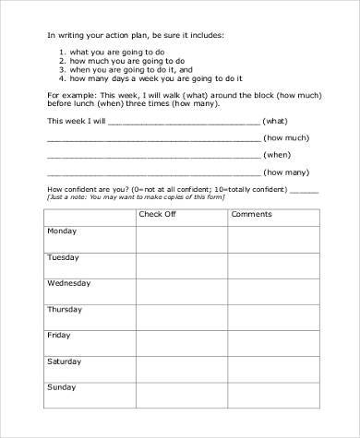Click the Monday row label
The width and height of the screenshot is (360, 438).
pos(63,231)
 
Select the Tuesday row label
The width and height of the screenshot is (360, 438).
pos(63,257)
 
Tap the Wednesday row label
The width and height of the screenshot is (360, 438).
pos(68,283)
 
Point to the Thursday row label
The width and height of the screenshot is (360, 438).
pos(65,310)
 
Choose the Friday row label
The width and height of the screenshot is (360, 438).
pos(59,336)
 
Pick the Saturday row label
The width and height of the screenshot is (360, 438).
pos(65,361)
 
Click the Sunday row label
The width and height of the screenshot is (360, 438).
pos(62,387)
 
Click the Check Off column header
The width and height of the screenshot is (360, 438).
pos(156,214)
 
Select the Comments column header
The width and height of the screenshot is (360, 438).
pos(251,214)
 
